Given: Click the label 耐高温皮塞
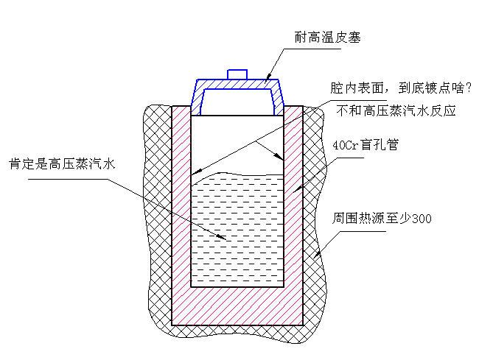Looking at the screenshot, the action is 327,37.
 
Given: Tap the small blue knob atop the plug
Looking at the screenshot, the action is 237,74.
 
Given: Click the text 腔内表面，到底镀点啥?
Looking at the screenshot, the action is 401,88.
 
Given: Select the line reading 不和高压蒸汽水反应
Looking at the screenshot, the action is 396,110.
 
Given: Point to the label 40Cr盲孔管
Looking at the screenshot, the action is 366,145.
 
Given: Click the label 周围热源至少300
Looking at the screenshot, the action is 382,218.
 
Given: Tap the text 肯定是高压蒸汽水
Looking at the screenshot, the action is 62,163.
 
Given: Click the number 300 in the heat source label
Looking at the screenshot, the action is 422,219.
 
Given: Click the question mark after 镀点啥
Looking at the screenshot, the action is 469,88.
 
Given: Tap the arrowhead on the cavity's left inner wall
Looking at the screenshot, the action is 196,172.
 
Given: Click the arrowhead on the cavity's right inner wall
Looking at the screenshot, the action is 279,157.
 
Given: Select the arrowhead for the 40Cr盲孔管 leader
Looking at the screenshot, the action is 298,188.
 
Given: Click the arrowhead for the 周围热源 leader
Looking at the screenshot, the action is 317,254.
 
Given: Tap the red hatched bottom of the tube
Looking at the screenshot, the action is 237,306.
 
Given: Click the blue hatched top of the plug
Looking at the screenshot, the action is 237,84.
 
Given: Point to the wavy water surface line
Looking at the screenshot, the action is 237,176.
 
